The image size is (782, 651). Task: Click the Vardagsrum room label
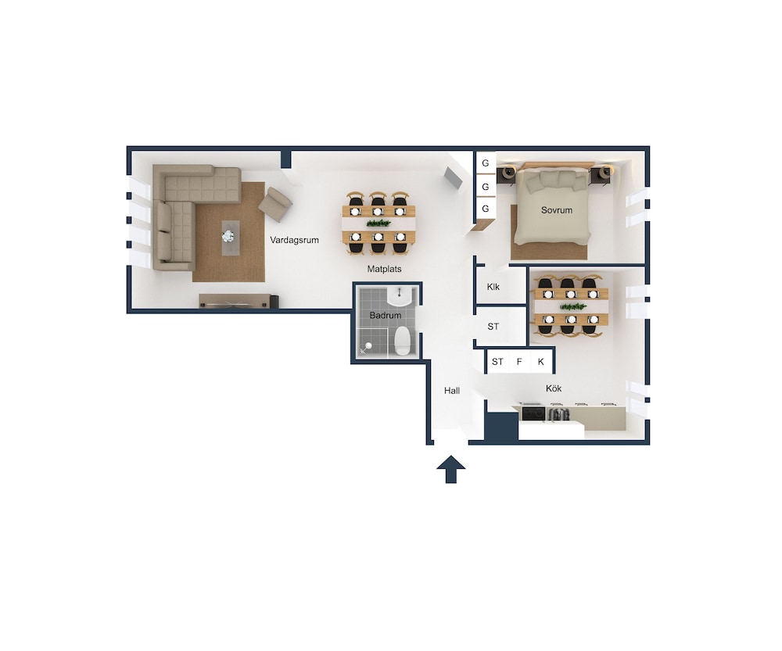tap(294, 240)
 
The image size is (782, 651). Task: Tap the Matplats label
tap(384, 269)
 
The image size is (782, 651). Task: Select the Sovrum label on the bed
tap(557, 210)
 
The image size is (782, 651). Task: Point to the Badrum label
tap(385, 315)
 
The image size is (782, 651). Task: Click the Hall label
tap(452, 390)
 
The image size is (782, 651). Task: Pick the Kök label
tap(554, 388)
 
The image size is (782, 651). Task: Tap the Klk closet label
tap(493, 287)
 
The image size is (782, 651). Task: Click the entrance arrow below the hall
tap(451, 469)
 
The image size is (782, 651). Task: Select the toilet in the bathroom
tap(402, 341)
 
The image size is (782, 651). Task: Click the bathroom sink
tap(400, 296)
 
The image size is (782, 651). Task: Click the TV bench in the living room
tap(239, 301)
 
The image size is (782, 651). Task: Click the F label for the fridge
tap(519, 361)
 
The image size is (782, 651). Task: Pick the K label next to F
tap(540, 361)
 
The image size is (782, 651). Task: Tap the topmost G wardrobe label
tap(486, 163)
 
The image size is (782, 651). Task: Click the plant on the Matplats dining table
tap(378, 222)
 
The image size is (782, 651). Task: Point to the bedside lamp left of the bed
tap(509, 173)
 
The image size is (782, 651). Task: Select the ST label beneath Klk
tap(493, 327)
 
